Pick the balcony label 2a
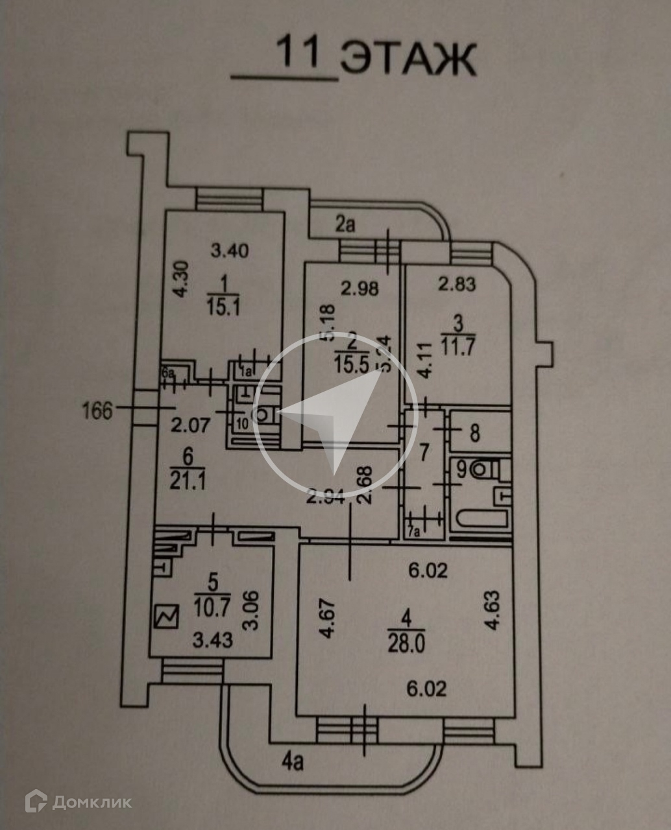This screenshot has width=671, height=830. (x=345, y=224)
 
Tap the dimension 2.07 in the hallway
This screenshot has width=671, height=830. (x=191, y=426)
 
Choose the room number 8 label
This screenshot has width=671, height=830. (x=475, y=433)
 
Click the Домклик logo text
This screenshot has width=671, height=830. (x=91, y=802)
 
